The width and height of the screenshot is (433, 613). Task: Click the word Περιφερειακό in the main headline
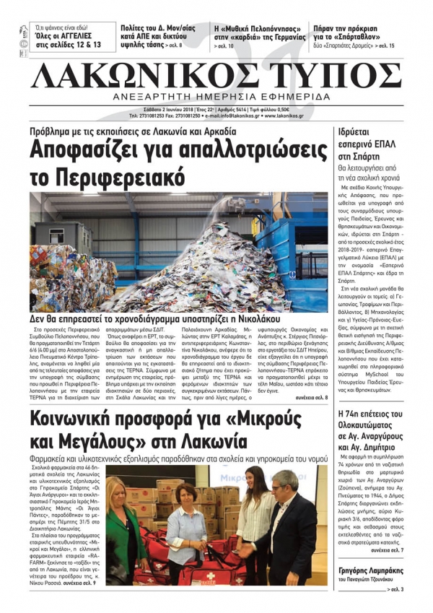[108, 176]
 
